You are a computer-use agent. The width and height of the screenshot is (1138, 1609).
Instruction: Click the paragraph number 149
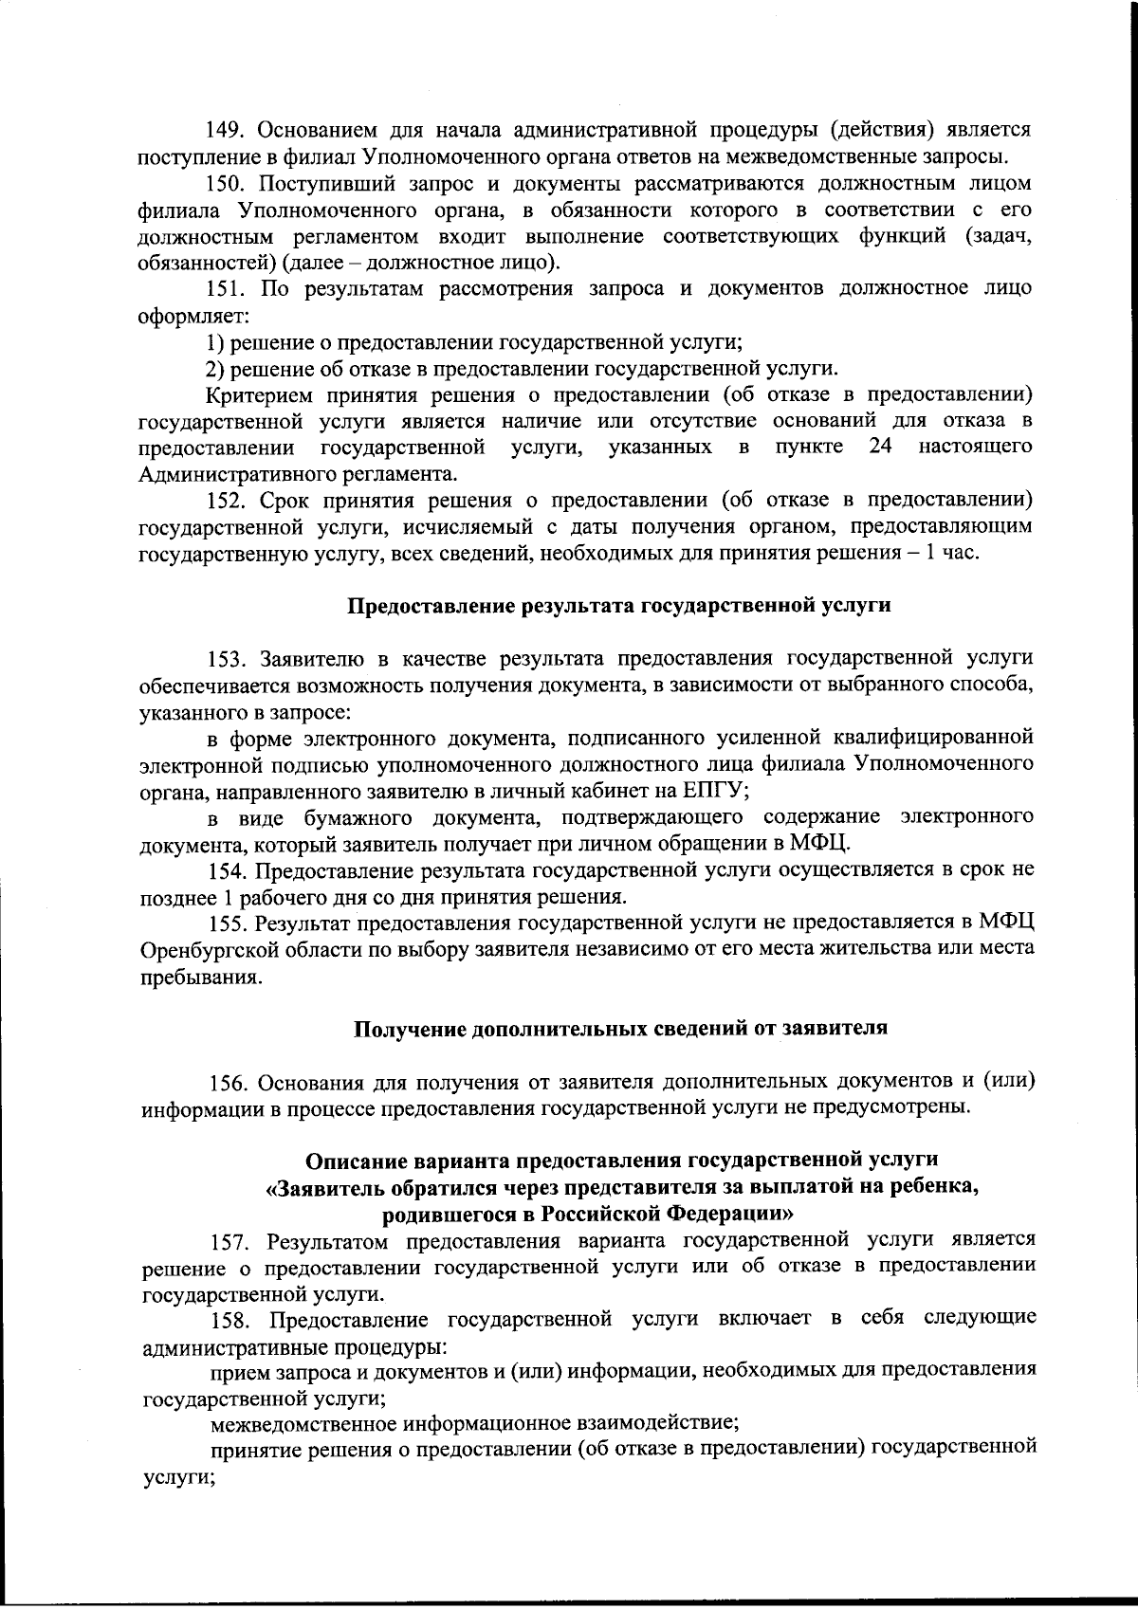tap(228, 129)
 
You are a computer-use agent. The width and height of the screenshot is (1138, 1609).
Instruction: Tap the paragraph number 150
tap(228, 183)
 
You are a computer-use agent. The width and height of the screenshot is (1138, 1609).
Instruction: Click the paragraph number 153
tap(228, 658)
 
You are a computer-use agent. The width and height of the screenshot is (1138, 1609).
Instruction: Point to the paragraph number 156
tap(228, 1082)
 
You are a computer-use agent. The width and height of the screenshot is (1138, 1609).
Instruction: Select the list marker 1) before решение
tap(215, 343)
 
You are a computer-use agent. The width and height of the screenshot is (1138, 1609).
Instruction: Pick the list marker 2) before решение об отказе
tap(215, 369)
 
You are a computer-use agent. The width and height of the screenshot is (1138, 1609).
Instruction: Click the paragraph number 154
tap(228, 868)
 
